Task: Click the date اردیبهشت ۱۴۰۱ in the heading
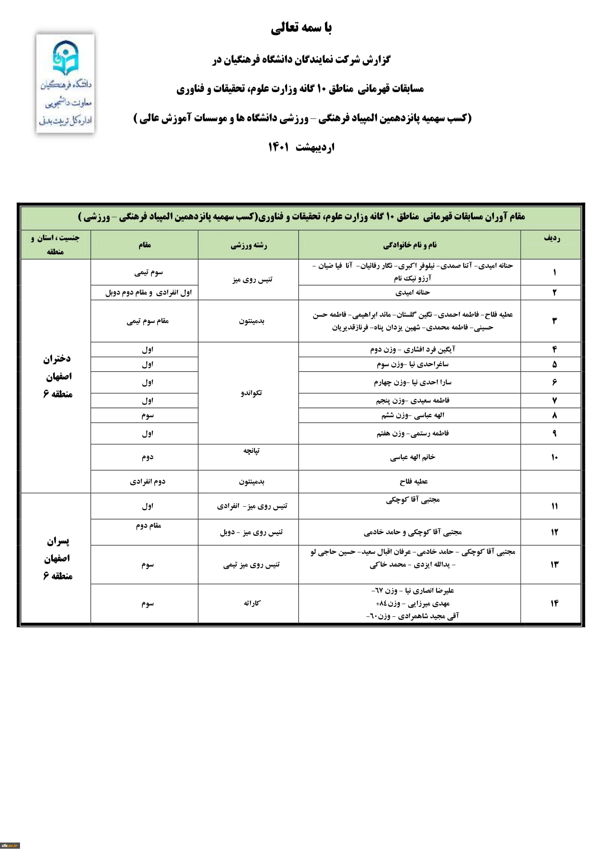(301, 147)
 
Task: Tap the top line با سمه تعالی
(301, 27)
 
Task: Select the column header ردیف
(551, 238)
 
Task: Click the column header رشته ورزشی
(249, 245)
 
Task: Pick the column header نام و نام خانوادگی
(409, 245)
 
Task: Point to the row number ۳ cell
(554, 321)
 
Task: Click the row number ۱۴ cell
(554, 603)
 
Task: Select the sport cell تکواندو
(252, 393)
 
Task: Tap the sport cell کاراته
(252, 603)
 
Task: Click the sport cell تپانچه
(252, 451)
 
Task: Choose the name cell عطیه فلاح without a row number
(413, 481)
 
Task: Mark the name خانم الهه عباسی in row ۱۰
(412, 457)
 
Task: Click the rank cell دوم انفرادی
(147, 481)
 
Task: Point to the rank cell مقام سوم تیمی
(147, 321)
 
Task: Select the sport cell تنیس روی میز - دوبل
(252, 532)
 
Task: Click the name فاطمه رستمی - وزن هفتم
(412, 433)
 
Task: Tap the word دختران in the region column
(57, 359)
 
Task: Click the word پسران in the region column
(58, 541)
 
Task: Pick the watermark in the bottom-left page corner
(9, 845)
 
